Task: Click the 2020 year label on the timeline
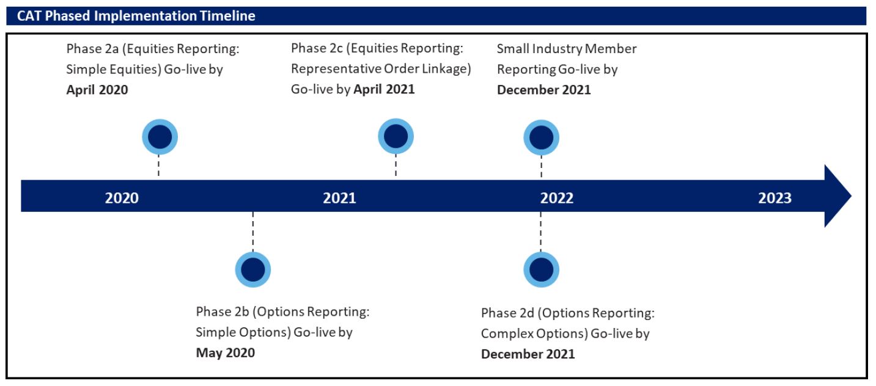click(x=122, y=198)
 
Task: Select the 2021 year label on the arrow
click(x=339, y=198)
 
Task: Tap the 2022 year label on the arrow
click(x=557, y=198)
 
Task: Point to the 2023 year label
click(x=775, y=198)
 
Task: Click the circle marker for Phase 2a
click(x=160, y=137)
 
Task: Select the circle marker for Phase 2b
click(x=253, y=270)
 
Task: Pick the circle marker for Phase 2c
click(x=396, y=136)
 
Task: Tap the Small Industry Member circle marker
click(x=541, y=137)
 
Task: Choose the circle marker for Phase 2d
click(x=541, y=270)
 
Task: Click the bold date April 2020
click(x=97, y=90)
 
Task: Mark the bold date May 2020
click(x=225, y=353)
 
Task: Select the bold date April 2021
click(x=384, y=89)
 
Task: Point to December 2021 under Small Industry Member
click(x=543, y=90)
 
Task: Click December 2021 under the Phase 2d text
click(x=528, y=354)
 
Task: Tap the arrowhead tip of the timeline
click(x=851, y=195)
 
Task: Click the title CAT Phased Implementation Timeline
click(x=136, y=16)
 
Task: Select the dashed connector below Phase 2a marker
click(x=158, y=166)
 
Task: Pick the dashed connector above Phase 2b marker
click(x=253, y=232)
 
